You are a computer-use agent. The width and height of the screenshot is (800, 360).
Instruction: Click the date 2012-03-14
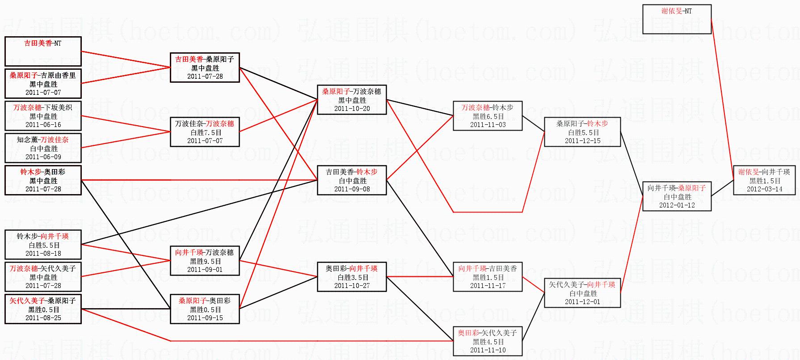764,189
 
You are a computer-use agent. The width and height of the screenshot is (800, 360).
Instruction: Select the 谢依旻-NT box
677,19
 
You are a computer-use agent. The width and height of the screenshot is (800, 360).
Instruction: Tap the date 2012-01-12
677,205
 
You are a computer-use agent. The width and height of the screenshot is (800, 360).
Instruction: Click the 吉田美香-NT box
43,51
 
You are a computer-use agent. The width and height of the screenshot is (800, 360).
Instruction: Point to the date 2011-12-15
582,141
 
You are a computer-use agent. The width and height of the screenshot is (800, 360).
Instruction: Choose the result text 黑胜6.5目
488,117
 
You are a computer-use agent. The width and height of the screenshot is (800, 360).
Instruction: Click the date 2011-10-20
352,109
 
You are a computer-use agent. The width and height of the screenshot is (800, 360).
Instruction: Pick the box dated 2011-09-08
352,180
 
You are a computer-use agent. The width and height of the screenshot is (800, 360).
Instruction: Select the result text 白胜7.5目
205,133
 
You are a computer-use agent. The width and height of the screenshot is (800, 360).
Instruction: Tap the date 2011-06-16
43,125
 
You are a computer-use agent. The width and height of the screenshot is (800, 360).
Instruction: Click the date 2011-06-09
43,157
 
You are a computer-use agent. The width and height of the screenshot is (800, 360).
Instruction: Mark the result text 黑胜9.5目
205,262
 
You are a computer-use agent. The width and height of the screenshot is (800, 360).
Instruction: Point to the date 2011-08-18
43,254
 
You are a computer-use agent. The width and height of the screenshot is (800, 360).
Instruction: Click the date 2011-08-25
43,318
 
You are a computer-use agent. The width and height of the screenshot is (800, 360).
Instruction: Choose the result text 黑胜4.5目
488,342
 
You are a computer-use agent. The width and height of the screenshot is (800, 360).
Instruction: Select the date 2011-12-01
582,302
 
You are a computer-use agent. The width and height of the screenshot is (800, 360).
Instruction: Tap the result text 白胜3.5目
352,278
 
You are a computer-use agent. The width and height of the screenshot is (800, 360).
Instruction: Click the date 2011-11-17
488,286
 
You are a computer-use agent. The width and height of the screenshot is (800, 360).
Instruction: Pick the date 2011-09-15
205,318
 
